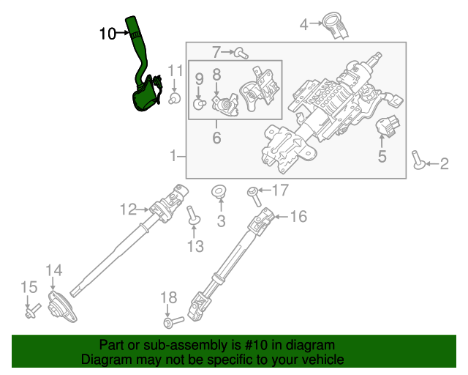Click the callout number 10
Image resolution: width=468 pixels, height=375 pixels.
[107, 33]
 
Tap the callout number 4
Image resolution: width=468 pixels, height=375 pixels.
[304, 25]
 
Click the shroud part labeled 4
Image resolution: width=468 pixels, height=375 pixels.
[337, 24]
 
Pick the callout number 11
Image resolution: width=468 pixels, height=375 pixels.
[174, 70]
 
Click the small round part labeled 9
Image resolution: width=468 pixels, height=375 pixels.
[197, 104]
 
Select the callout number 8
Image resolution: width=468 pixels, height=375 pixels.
[216, 74]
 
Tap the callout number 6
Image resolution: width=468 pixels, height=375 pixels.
[216, 138]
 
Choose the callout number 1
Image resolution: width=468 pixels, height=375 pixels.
[173, 155]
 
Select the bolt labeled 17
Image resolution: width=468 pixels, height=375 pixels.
[252, 194]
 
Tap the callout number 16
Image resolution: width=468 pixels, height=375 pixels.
[298, 217]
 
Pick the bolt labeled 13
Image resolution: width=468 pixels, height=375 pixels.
[193, 217]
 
